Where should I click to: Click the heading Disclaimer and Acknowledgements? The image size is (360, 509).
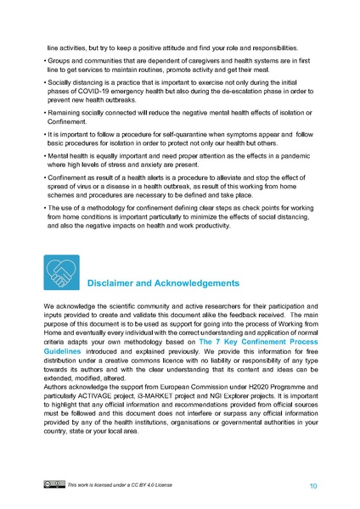[164, 282]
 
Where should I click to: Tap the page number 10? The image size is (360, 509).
[313, 486]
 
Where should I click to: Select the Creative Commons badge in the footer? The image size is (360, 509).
[53, 484]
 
